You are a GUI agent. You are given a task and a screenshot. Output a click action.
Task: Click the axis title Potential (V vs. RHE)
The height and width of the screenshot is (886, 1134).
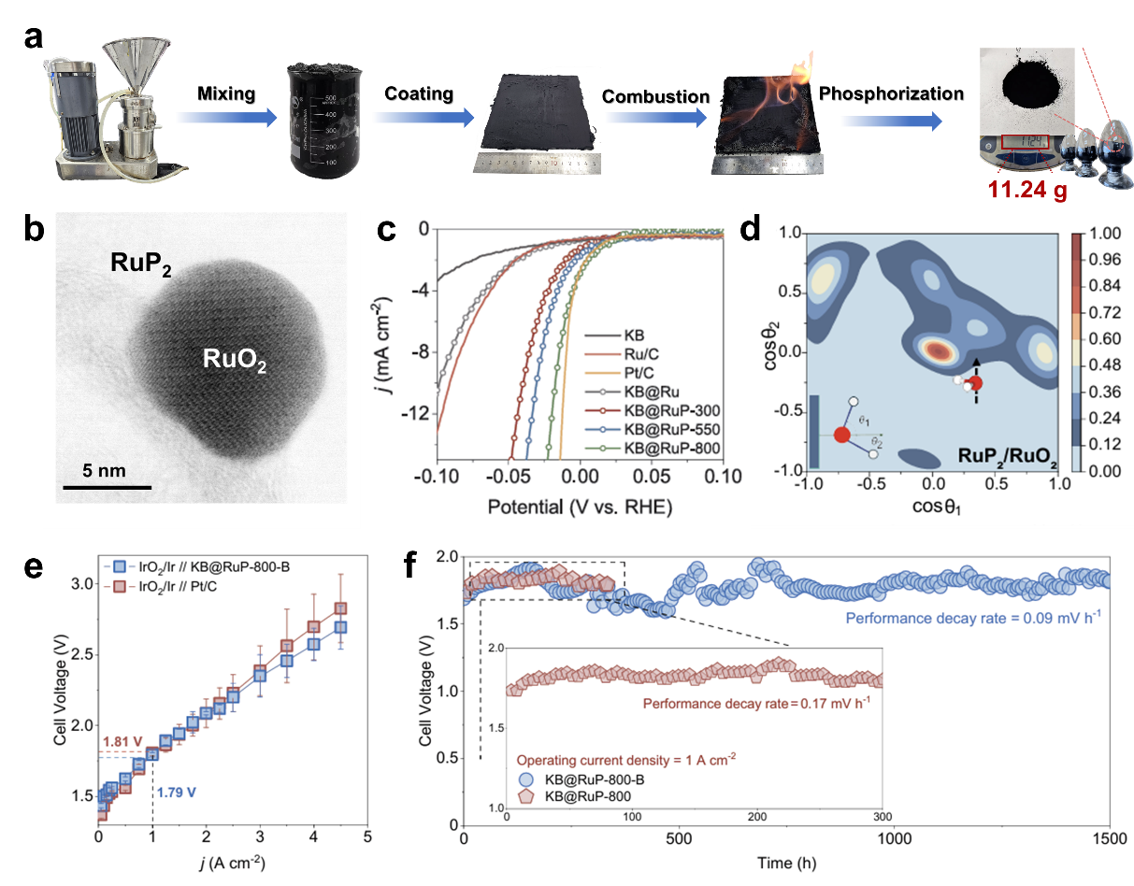pyautogui.click(x=580, y=507)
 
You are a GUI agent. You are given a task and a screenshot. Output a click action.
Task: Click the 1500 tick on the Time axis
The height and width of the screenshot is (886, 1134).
pyautogui.click(x=1110, y=839)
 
